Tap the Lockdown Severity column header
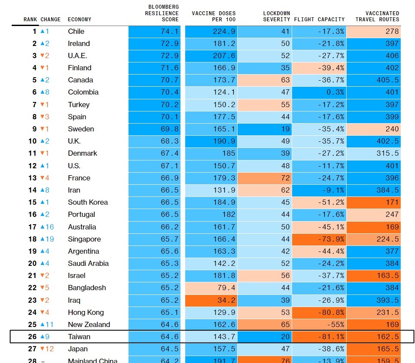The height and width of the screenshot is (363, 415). click(277, 16)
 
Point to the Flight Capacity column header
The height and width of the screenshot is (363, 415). click(319, 20)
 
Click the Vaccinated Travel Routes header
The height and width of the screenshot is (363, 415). click(377, 16)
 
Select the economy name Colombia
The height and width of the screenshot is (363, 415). click(83, 92)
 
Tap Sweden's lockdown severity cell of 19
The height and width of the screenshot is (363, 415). click(264, 129)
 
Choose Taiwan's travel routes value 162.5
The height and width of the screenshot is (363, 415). click(374, 337)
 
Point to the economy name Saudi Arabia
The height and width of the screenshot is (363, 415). click(88, 263)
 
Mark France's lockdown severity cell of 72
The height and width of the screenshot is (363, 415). click(264, 178)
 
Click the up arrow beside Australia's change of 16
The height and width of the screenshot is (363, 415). click(42, 227)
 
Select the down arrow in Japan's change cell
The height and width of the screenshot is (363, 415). click(42, 349)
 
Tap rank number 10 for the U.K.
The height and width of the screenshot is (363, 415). click(32, 141)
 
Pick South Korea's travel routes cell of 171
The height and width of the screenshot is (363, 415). click(374, 202)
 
